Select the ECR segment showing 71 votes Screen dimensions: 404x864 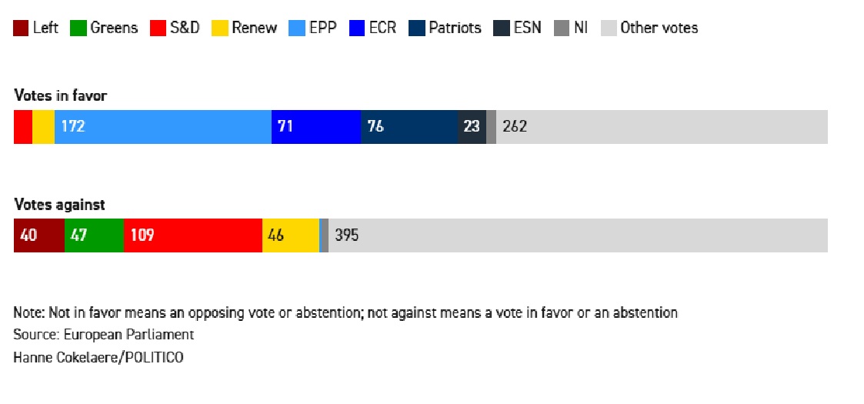pyautogui.click(x=316, y=127)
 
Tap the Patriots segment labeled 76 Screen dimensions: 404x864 pyautogui.click(x=409, y=127)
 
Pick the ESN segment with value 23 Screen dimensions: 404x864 pyautogui.click(x=472, y=127)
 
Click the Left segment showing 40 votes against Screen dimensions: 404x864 pyautogui.click(x=38, y=235)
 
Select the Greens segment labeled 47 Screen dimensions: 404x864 pyautogui.click(x=94, y=235)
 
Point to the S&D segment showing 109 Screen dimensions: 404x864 pyautogui.click(x=192, y=235)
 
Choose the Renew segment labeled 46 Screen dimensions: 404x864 pyautogui.click(x=290, y=235)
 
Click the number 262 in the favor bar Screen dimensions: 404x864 pyautogui.click(x=515, y=127)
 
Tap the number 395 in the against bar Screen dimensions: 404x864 pyautogui.click(x=346, y=235)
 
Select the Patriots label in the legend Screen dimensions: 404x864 pyautogui.click(x=455, y=28)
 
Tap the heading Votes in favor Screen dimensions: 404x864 pyautogui.click(x=61, y=96)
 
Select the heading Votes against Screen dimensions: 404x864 pyautogui.click(x=59, y=205)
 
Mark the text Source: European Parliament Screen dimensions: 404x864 pyautogui.click(x=104, y=336)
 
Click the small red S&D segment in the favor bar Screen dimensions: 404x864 pyautogui.click(x=23, y=127)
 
